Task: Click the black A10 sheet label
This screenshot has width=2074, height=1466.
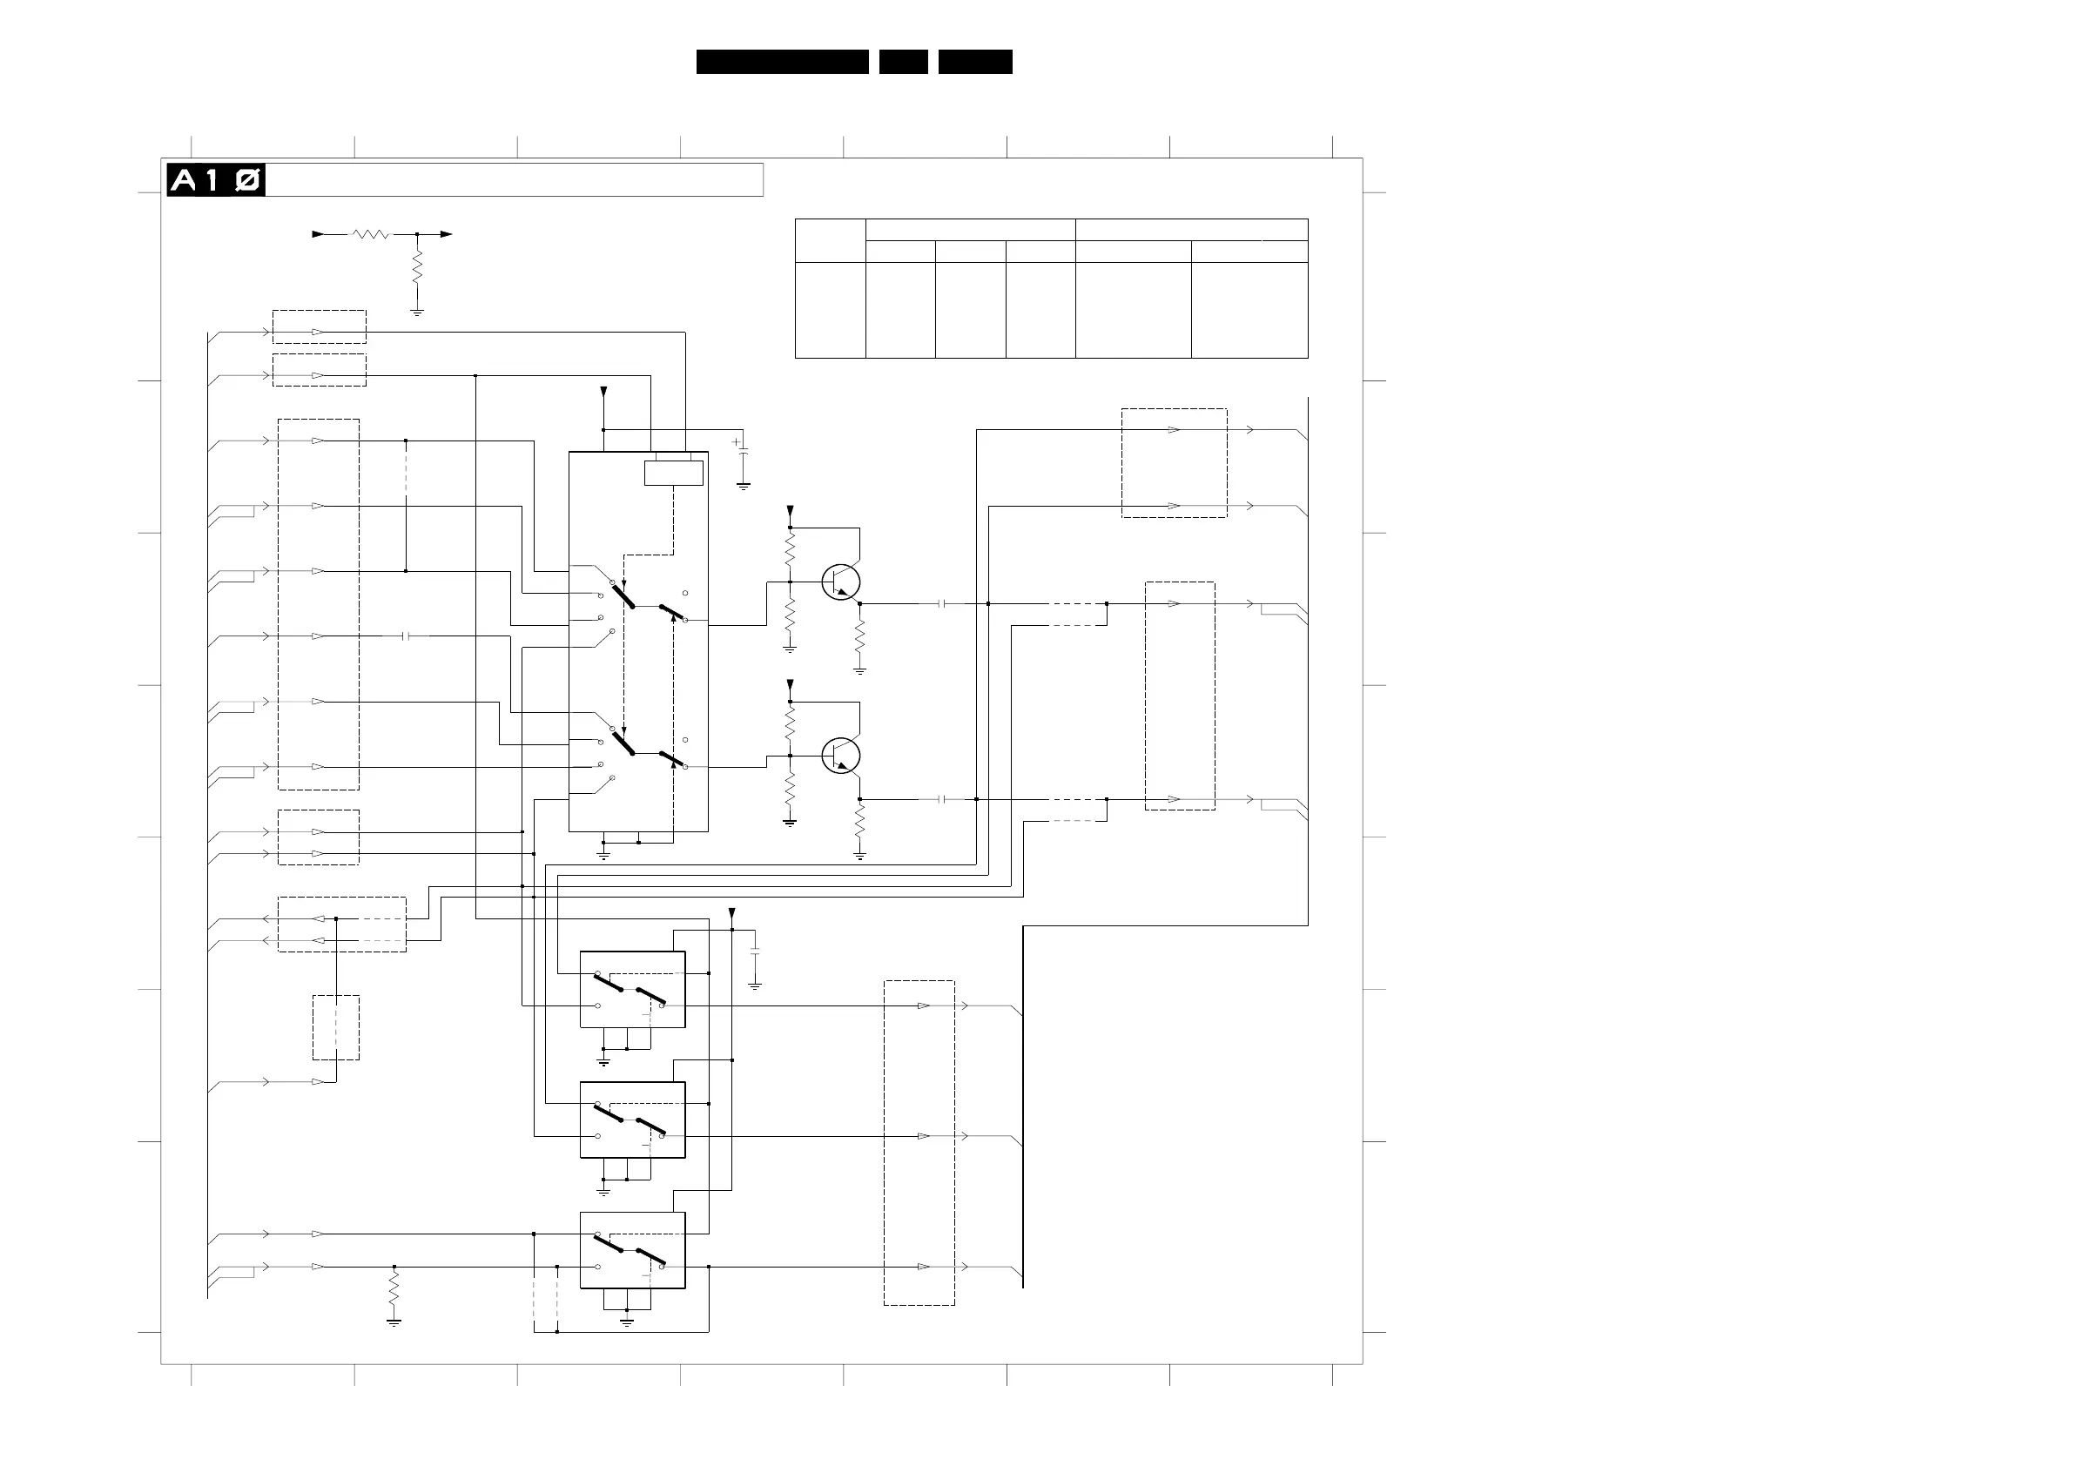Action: point(216,181)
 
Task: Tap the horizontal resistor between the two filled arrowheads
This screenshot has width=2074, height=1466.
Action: point(370,234)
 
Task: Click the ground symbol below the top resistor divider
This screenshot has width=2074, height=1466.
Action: point(417,313)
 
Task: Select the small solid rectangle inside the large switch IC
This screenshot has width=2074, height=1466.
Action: point(673,473)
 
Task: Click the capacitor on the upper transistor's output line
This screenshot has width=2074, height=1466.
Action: point(942,603)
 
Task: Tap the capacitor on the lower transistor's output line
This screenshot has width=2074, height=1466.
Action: point(942,799)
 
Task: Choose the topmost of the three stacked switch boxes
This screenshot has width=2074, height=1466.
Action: point(632,989)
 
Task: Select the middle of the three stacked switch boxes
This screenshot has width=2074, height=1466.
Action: point(632,1120)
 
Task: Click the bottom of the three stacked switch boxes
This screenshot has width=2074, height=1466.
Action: point(632,1250)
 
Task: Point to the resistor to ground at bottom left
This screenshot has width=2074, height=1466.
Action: point(394,1289)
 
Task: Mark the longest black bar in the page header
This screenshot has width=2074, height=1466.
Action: point(782,62)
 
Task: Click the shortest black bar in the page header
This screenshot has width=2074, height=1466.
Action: point(903,62)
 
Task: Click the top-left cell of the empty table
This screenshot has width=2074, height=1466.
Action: point(830,240)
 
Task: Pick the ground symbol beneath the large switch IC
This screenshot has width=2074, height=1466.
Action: point(603,855)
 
